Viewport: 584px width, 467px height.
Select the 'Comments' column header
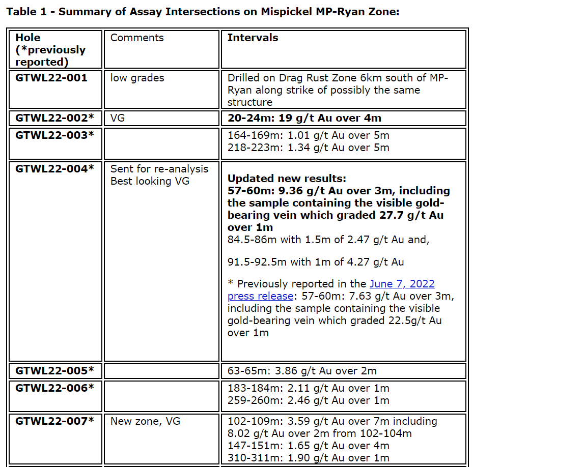(137, 38)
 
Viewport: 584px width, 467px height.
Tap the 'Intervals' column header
(253, 38)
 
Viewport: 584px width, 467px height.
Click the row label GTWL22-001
(51, 78)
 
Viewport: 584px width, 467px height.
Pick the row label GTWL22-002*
(54, 118)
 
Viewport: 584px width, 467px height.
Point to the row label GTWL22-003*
(54, 135)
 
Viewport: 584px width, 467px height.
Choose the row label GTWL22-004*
(54, 169)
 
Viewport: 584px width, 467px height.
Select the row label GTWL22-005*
(54, 370)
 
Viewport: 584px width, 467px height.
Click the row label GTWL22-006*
(54, 388)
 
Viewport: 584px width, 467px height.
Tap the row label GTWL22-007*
(54, 421)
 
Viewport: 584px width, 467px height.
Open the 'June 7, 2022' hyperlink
(402, 284)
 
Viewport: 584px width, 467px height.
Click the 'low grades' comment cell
(137, 78)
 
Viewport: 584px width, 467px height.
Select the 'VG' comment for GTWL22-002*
(118, 118)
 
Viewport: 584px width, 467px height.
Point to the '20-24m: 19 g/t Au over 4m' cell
(304, 118)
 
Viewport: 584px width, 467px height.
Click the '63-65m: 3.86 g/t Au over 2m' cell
(302, 371)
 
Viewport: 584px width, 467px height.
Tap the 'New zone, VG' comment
(145, 421)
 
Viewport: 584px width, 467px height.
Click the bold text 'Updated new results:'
(287, 179)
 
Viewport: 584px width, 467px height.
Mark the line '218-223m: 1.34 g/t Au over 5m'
(308, 148)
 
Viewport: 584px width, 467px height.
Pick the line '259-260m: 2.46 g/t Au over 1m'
(308, 400)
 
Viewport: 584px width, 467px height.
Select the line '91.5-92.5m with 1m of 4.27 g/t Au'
(315, 262)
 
